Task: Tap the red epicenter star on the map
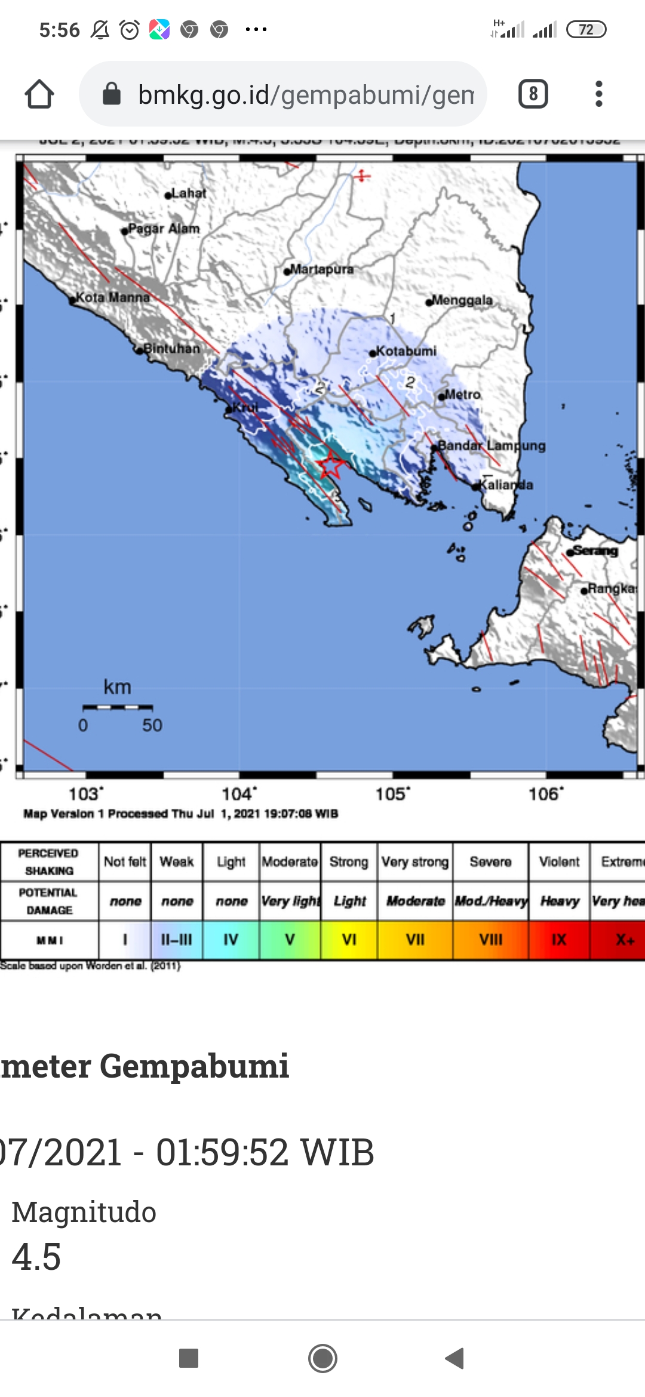coord(330,465)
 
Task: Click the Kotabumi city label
coord(406,351)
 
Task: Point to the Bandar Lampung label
coord(492,445)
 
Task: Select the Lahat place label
coord(188,193)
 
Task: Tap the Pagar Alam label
coord(164,229)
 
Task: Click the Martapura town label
coord(321,269)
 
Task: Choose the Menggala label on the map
coord(462,300)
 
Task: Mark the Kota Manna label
coord(112,297)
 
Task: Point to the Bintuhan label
coord(171,349)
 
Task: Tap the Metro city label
coord(462,395)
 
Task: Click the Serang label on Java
coord(595,550)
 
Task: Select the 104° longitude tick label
coord(239,794)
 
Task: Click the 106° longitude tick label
coord(546,794)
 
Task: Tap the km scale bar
coord(118,707)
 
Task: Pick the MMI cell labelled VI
coord(349,940)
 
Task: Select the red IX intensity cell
coord(559,940)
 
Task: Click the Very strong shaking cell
coord(415,861)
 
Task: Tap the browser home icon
coord(39,94)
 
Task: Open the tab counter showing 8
coord(533,94)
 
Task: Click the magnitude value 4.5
coord(36,1257)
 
